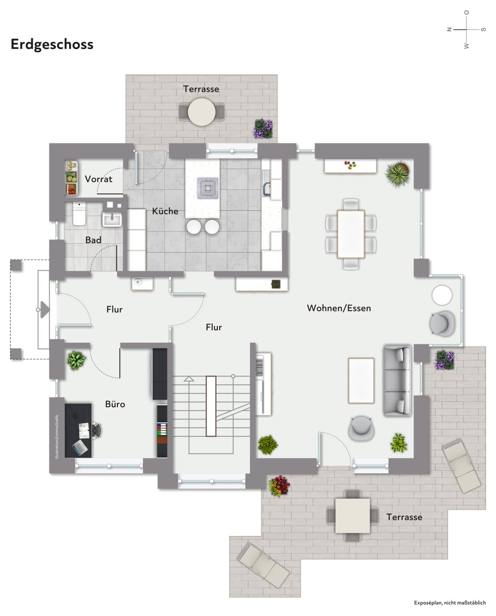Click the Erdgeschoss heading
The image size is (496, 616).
click(x=52, y=44)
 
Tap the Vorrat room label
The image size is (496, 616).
click(x=98, y=179)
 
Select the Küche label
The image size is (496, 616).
click(x=165, y=211)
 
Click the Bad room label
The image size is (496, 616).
click(x=93, y=240)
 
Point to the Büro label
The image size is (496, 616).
click(x=115, y=404)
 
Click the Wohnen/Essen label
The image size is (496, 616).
click(x=339, y=308)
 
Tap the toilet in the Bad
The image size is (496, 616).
click(x=79, y=213)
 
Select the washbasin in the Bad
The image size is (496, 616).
click(x=112, y=219)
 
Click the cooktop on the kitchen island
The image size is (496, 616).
click(x=208, y=188)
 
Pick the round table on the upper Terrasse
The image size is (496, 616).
click(x=202, y=112)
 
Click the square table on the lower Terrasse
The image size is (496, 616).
click(x=353, y=516)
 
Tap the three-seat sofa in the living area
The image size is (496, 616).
click(x=397, y=381)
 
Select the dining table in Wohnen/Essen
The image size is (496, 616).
click(x=351, y=234)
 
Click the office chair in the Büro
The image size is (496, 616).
click(x=97, y=430)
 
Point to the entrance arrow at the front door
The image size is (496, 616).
click(x=45, y=310)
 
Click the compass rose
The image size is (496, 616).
click(x=466, y=30)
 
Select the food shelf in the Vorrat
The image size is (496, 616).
click(x=71, y=178)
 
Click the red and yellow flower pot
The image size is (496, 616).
click(x=279, y=486)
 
